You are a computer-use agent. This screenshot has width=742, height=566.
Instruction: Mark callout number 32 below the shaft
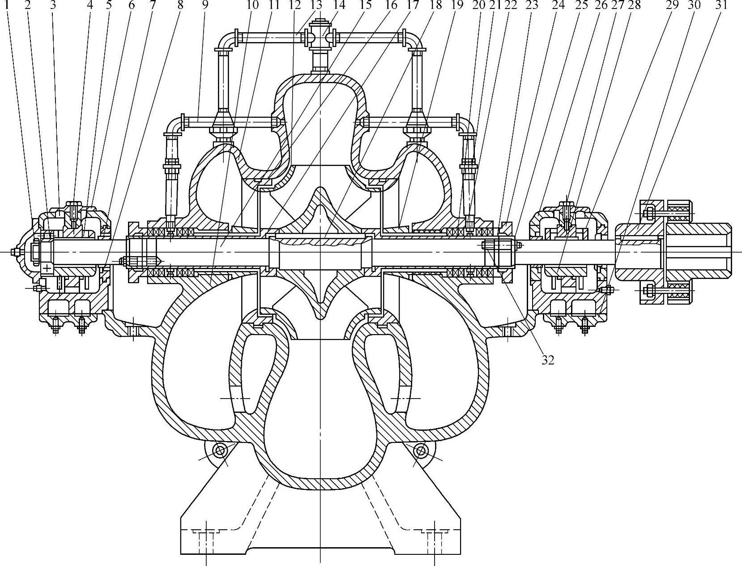548,360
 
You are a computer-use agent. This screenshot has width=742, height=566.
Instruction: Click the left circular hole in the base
220,450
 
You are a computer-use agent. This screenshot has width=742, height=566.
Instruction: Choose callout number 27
619,5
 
